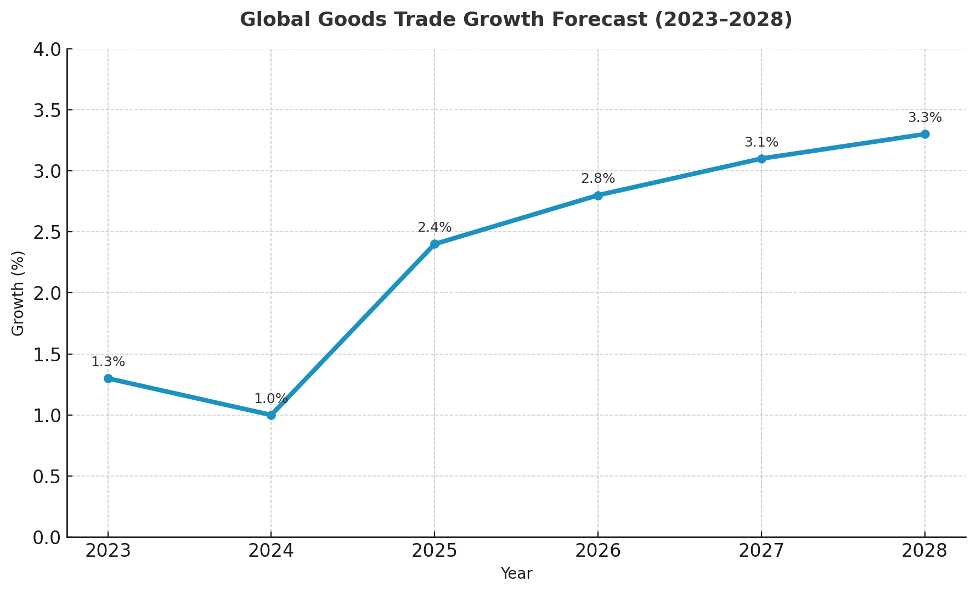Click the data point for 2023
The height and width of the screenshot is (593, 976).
[x=108, y=378]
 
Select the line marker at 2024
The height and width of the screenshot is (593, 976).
[x=271, y=415]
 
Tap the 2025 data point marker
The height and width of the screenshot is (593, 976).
[x=435, y=244]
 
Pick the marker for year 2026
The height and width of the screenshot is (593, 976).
[x=598, y=195]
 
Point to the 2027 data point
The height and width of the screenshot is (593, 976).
[x=761, y=159]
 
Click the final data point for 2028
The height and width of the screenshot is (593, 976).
[x=925, y=134]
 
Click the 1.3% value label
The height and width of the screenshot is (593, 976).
[x=108, y=362]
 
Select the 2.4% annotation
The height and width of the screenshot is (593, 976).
[x=435, y=228]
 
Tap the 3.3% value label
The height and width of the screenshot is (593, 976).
[x=925, y=118]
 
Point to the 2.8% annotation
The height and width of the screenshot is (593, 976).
[x=598, y=179]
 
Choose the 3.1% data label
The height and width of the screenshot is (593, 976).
[x=761, y=143]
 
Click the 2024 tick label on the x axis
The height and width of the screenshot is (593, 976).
[x=271, y=551]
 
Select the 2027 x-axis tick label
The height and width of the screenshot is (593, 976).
[x=761, y=551]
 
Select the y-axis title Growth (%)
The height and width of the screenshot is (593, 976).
[x=18, y=293]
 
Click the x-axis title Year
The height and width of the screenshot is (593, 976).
[x=516, y=574]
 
